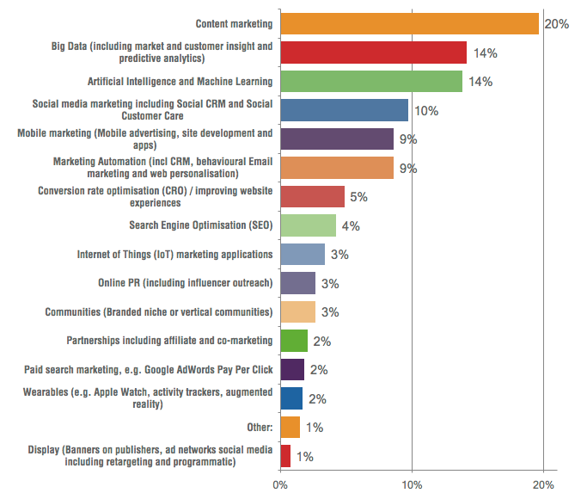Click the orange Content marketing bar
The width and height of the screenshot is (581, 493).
point(409,24)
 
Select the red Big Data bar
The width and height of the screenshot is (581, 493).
point(373,52)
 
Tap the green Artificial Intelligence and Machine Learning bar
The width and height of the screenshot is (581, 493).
point(371,82)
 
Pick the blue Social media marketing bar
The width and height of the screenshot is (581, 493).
point(345,110)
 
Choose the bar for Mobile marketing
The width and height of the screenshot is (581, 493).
point(337,139)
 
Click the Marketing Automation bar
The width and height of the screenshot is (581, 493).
point(337,168)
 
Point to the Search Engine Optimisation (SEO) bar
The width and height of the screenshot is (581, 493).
point(309,225)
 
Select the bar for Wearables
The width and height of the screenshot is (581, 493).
point(291,398)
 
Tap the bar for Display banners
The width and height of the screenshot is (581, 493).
point(285,456)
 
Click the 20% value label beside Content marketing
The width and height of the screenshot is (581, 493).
point(556,24)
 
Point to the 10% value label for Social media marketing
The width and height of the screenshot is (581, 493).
point(426,111)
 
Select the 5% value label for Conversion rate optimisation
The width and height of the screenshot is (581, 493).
point(358,197)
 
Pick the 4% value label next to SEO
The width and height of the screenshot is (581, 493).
point(350,226)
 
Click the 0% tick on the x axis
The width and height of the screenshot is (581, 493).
point(280,484)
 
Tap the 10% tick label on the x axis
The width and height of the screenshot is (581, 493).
point(412,484)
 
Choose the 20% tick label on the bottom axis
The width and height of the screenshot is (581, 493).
point(543,484)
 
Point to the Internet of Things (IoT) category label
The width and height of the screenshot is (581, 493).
point(175,255)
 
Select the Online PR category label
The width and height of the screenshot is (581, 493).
point(186,283)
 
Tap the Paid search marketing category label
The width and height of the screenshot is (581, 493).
point(148,370)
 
